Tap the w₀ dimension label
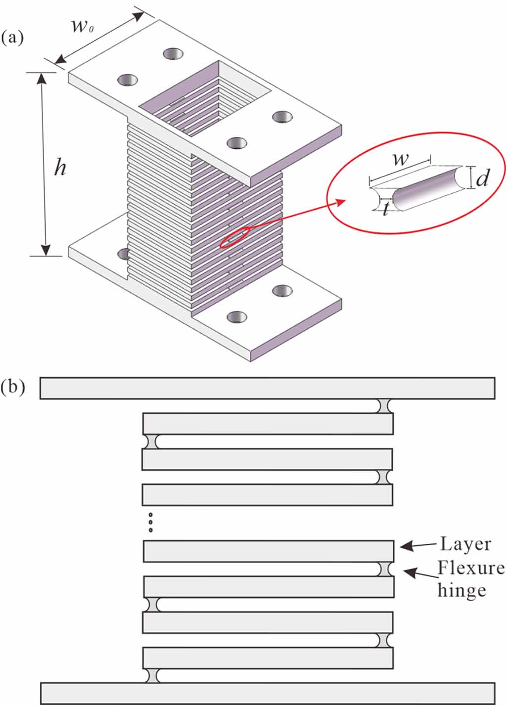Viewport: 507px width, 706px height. (x=82, y=26)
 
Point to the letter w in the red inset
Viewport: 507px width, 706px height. (x=400, y=159)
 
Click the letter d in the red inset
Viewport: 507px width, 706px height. (x=482, y=178)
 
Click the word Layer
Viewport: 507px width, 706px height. (x=465, y=544)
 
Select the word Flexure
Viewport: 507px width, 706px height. (x=471, y=568)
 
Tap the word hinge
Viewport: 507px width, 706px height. (x=461, y=590)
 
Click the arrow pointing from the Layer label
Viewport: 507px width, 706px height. (x=418, y=545)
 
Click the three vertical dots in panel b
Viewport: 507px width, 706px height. (x=150, y=523)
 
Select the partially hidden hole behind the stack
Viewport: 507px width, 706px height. (x=123, y=254)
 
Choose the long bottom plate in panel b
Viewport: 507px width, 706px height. (x=268, y=692)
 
